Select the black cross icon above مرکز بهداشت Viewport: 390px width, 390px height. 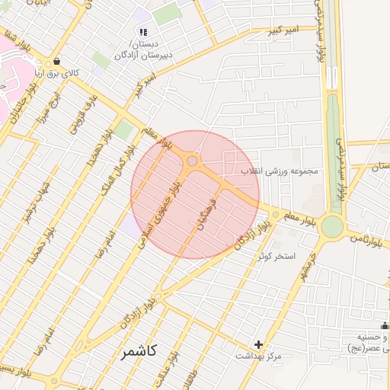pyautogui.click(x=259, y=345)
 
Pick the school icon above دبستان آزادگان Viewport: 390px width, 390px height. pyautogui.click(x=142, y=31)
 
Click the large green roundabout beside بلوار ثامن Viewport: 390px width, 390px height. pyautogui.click(x=331, y=226)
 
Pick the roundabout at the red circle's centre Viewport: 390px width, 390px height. pyautogui.click(x=192, y=161)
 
